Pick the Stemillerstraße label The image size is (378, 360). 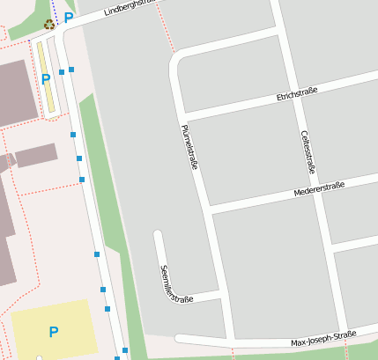176,283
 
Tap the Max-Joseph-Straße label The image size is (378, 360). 323,338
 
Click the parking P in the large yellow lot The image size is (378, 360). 53,332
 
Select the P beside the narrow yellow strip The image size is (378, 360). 46,79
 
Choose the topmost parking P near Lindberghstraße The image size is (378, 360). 68,18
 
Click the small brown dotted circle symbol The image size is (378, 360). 48,24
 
